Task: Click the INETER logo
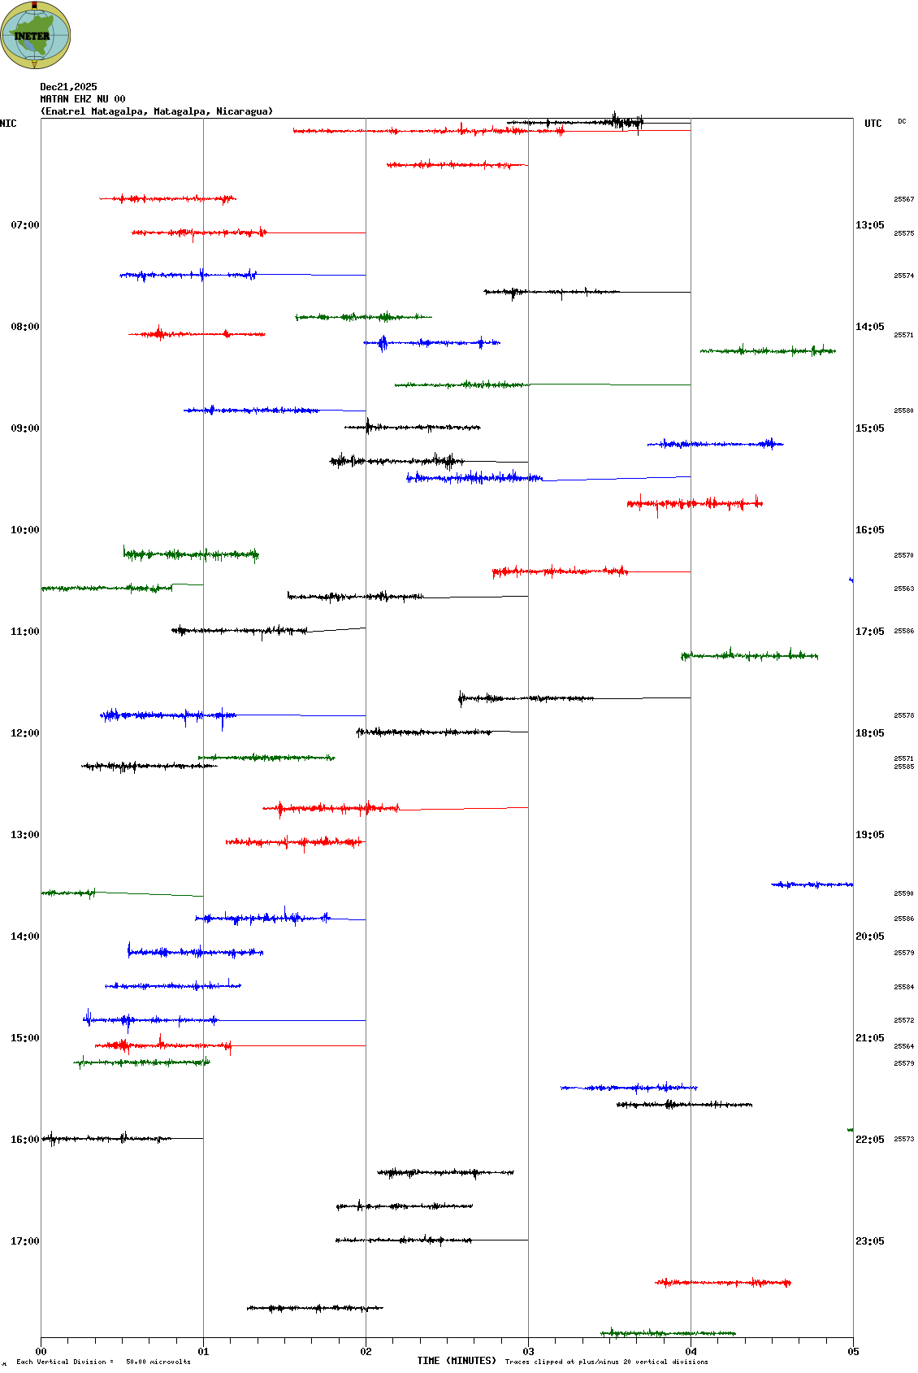(x=35, y=35)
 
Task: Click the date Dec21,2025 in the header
(x=68, y=87)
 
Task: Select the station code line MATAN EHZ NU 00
(x=83, y=99)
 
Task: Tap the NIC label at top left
(x=8, y=124)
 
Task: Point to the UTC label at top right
(x=873, y=124)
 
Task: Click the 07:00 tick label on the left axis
(x=24, y=225)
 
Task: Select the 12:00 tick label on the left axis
(x=24, y=733)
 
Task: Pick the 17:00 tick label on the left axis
(x=24, y=1241)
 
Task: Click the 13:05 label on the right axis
(x=869, y=225)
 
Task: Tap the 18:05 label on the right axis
(x=869, y=733)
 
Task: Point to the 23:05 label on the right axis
(x=869, y=1241)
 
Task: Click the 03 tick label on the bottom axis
(x=528, y=1352)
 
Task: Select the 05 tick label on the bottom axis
(x=853, y=1352)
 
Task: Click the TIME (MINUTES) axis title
(x=457, y=1361)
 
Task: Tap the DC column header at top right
(x=902, y=122)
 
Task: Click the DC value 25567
(x=903, y=199)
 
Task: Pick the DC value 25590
(x=903, y=893)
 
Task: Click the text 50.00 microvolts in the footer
(x=158, y=1362)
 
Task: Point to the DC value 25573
(x=903, y=1139)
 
